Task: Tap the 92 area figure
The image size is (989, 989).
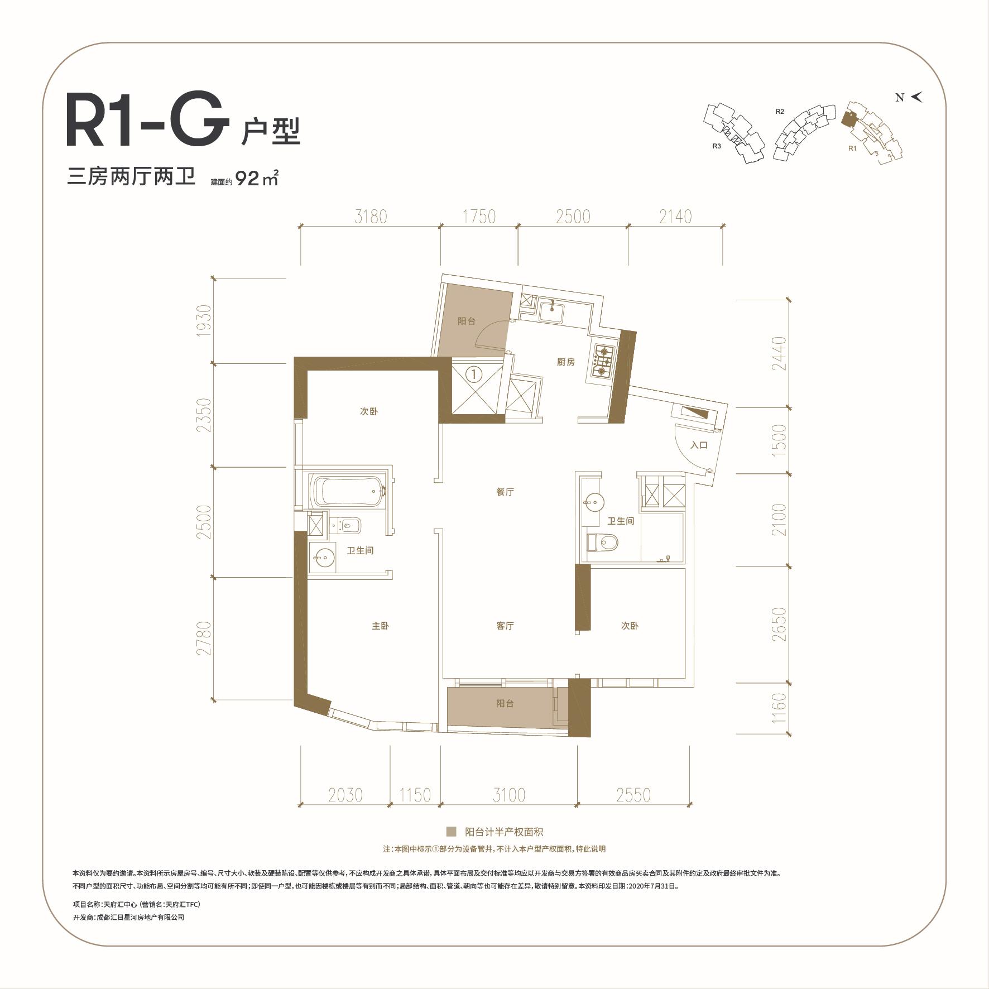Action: tap(248, 179)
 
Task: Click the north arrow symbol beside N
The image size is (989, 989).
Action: tap(916, 97)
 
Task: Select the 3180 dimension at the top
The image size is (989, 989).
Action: tap(371, 216)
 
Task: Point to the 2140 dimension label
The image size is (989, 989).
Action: tap(675, 216)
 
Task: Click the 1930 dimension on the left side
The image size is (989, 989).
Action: tap(205, 320)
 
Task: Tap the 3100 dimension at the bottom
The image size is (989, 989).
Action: tap(509, 795)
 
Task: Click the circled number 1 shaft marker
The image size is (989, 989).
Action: tap(473, 374)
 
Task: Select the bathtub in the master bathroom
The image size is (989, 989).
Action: tap(349, 491)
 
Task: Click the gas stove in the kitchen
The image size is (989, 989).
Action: tap(604, 360)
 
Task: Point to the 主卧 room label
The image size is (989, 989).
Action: tap(380, 626)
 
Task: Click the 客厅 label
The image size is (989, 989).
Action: tap(505, 626)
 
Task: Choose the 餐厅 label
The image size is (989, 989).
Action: tap(505, 492)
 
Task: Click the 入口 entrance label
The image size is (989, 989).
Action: tap(699, 445)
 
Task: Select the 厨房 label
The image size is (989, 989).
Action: tap(565, 362)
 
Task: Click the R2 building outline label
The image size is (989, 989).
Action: tap(780, 112)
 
